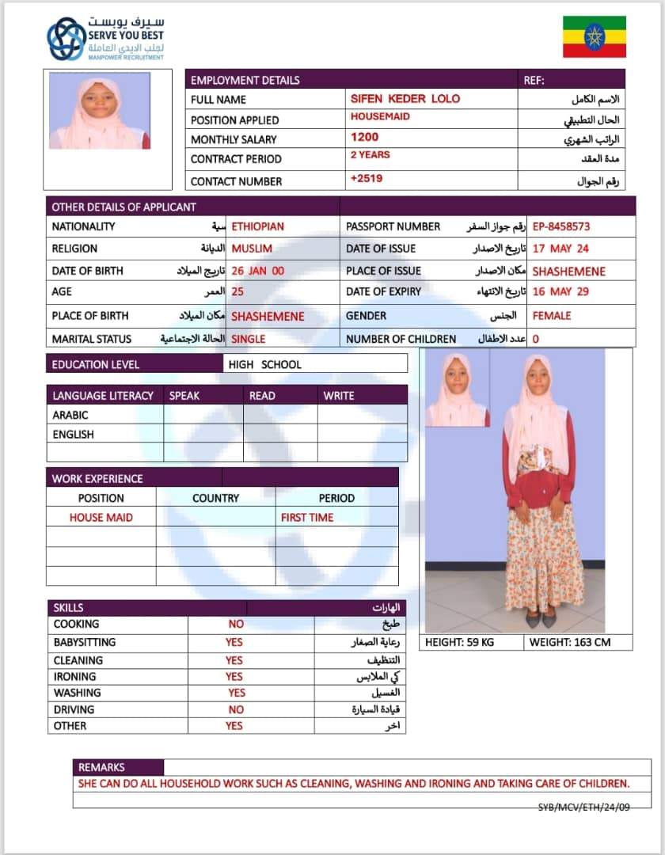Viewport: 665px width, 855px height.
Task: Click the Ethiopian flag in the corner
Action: pos(594,36)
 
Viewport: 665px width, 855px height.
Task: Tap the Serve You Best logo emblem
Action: pos(66,39)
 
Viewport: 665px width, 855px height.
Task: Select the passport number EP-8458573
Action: pos(560,226)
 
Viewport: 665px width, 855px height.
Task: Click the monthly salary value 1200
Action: pos(364,137)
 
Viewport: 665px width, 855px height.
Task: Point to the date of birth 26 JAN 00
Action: pos(257,271)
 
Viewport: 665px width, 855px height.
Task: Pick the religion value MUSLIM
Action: pos(252,249)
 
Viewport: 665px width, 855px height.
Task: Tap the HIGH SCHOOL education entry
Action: pos(264,365)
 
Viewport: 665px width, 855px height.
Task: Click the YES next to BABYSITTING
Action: pos(234,642)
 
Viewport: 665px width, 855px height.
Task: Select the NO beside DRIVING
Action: pos(236,709)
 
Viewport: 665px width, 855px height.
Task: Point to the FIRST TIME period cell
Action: pos(307,518)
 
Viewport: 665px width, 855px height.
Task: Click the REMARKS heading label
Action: pos(101,767)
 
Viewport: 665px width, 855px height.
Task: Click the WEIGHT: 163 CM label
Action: pos(570,642)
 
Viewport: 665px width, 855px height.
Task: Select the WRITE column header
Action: pos(339,395)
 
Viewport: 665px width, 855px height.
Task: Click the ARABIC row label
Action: pos(70,415)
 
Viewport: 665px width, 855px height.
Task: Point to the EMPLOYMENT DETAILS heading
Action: pos(245,80)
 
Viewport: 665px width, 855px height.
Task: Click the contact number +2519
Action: pos(367,179)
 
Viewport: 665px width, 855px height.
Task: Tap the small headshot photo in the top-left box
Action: pos(100,111)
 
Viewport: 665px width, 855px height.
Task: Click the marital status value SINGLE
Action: pos(249,339)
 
